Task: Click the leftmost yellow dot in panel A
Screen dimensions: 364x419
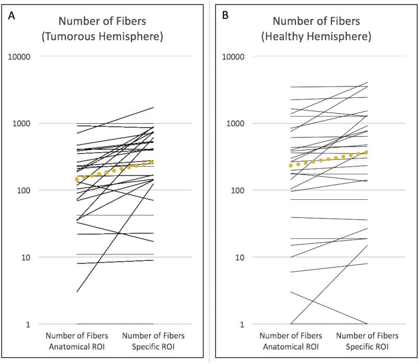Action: pos(77,179)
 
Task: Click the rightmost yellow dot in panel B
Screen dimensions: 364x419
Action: pos(366,153)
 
